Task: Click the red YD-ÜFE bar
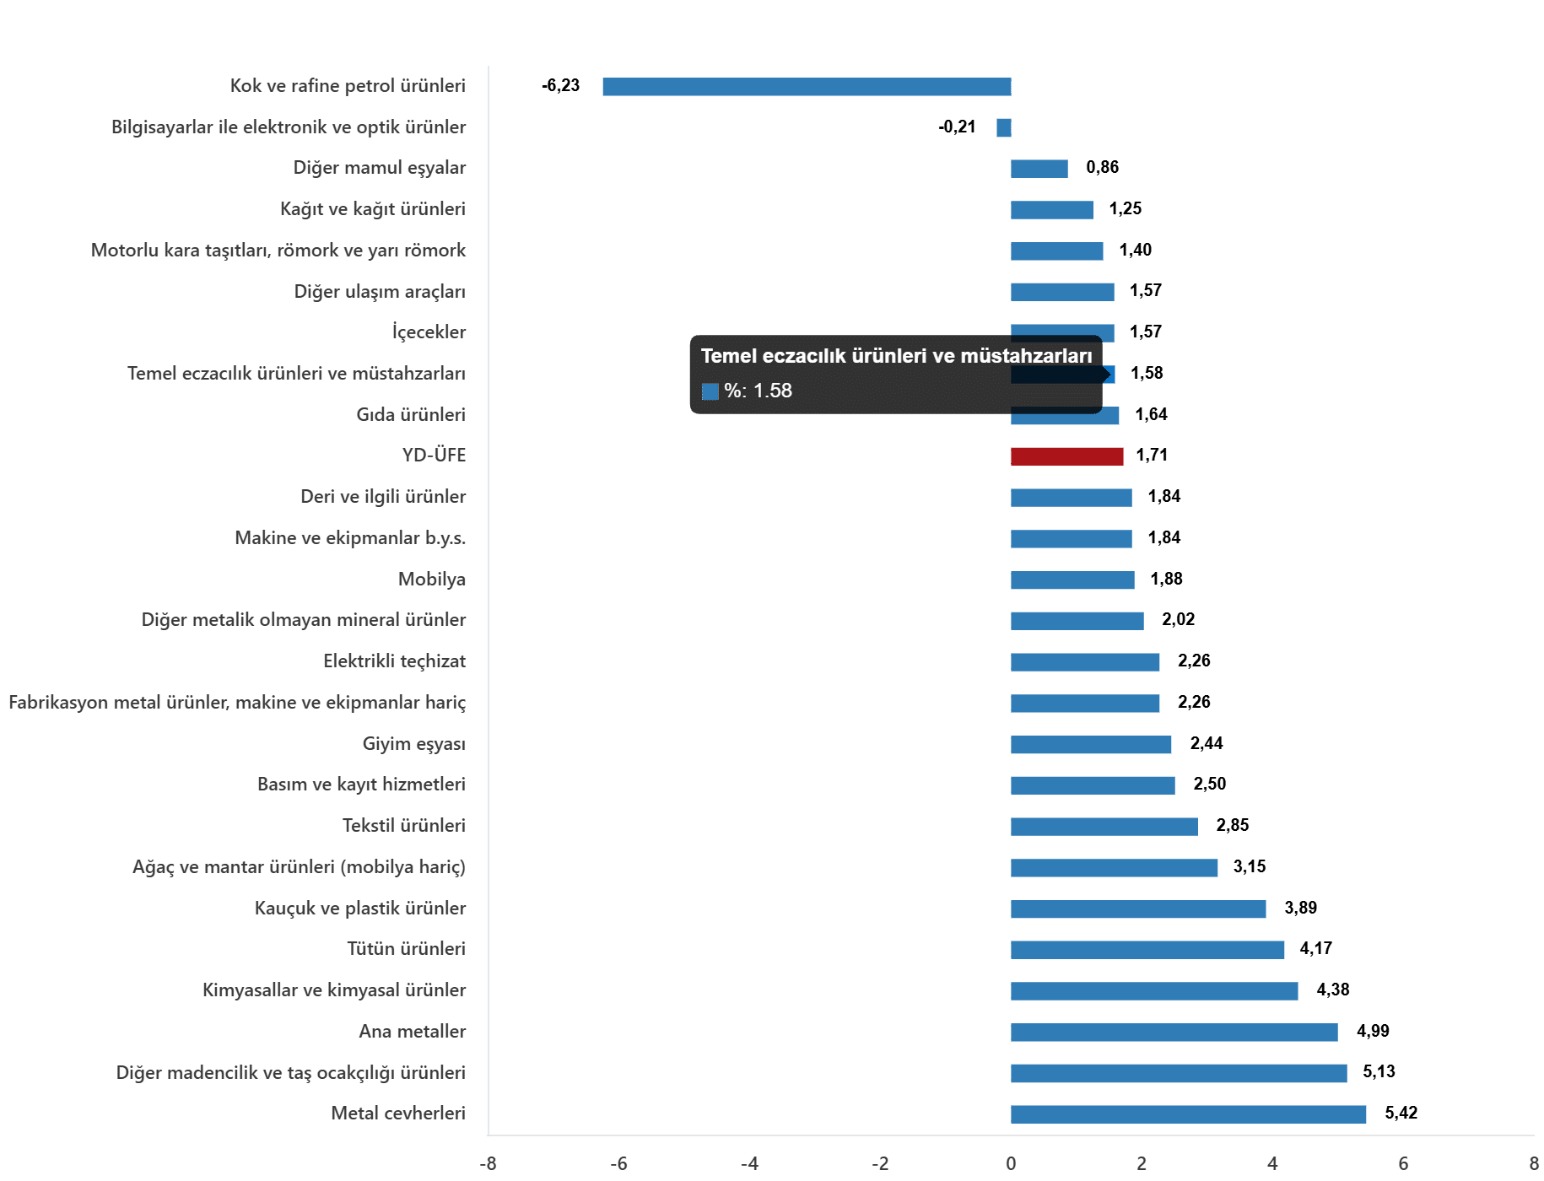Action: pos(1066,456)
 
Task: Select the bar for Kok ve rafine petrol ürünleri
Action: pos(807,86)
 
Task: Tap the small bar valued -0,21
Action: pos(1003,127)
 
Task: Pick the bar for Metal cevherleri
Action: pos(1188,1114)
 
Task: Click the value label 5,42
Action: pos(1401,1113)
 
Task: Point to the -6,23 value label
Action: pos(560,85)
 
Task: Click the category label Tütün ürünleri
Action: pos(406,948)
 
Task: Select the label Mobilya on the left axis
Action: pos(431,579)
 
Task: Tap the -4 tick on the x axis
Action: pos(749,1163)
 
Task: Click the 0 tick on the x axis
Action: pos(1011,1163)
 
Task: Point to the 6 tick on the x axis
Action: pos(1403,1163)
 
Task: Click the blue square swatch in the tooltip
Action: pos(710,391)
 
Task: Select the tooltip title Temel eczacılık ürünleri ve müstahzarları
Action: pos(896,356)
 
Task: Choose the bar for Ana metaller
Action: pos(1174,1032)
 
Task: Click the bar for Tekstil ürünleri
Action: pos(1104,827)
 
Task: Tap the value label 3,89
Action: pos(1300,908)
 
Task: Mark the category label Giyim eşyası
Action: pos(413,743)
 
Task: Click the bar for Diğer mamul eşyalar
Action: pos(1039,169)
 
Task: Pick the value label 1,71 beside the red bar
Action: pos(1152,455)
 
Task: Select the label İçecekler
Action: pos(429,332)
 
